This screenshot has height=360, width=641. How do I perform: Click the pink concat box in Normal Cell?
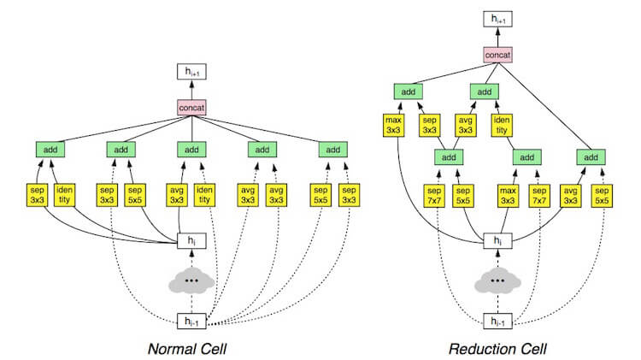point(191,108)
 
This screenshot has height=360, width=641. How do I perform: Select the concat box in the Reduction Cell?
point(497,55)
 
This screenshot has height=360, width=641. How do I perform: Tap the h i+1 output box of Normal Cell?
point(191,72)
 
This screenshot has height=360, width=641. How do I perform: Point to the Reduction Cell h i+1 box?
point(497,19)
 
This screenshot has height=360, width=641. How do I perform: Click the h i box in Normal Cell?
point(191,240)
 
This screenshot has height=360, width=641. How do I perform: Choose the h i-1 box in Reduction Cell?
point(497,322)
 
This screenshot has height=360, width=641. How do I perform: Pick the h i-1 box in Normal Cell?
point(191,322)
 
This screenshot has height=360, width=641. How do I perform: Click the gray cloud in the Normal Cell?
point(191,281)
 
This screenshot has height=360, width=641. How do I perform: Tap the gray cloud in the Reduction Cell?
point(497,281)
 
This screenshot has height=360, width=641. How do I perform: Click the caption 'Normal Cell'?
point(187,349)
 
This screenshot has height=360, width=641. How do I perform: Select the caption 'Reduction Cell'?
point(497,349)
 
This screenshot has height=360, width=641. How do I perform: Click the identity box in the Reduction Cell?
point(502,125)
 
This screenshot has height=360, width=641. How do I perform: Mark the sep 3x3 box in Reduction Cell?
point(429,125)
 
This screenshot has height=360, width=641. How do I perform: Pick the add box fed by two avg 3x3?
point(262,150)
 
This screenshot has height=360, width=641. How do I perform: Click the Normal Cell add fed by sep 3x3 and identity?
point(50,150)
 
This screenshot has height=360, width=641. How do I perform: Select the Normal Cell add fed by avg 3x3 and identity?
point(191,150)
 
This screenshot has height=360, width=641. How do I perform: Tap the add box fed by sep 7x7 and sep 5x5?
point(449,157)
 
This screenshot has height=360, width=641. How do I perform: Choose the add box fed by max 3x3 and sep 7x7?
point(527,157)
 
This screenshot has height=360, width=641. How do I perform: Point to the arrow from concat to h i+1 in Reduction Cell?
point(497,38)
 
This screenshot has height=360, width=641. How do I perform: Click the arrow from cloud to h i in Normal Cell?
point(191,259)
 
